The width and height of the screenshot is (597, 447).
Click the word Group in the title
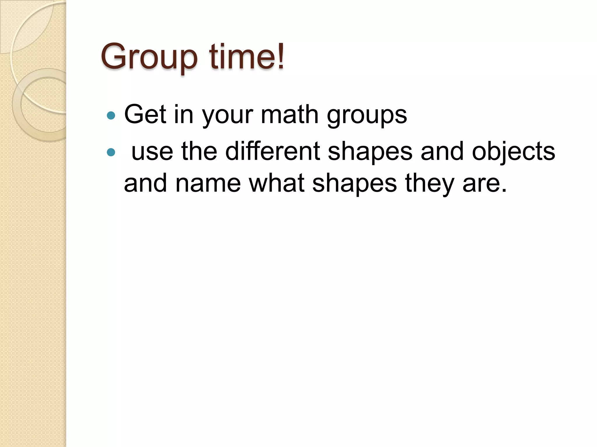[x=149, y=57]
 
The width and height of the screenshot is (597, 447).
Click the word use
[x=152, y=152]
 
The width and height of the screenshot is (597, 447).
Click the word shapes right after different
[x=370, y=152]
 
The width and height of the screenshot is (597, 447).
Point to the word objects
[x=513, y=152]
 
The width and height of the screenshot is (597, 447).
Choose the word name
[x=208, y=183]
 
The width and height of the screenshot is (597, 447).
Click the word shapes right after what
[x=354, y=184]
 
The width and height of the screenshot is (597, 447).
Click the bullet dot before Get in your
[x=111, y=116]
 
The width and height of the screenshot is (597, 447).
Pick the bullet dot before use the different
[x=111, y=152]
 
